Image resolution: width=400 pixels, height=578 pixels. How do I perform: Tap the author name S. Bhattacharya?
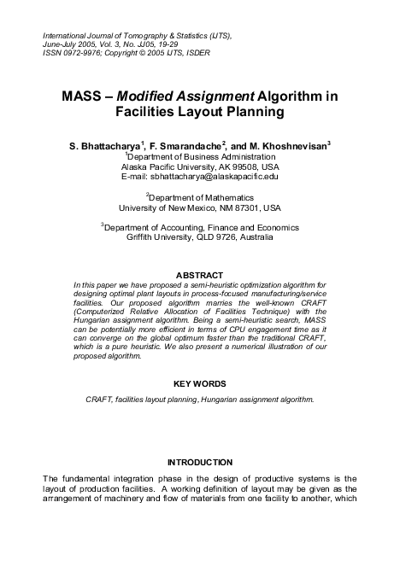tap(106, 146)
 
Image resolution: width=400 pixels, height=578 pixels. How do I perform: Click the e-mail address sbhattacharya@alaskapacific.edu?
tap(223, 177)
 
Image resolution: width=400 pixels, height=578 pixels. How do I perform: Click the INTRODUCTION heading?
tap(199, 461)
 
